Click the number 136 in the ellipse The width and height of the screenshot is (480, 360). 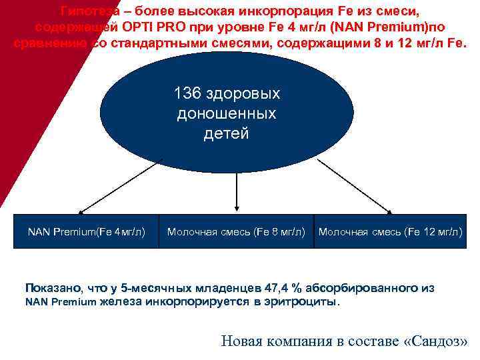click(x=188, y=93)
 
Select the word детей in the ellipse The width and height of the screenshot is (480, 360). click(x=226, y=133)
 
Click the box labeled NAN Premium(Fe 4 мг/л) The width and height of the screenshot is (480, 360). click(x=86, y=232)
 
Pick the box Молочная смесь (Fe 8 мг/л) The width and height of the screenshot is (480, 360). click(x=236, y=232)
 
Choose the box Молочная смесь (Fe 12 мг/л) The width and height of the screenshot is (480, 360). click(x=390, y=232)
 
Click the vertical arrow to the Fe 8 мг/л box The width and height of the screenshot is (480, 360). click(x=235, y=193)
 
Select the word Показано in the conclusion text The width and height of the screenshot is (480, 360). click(x=51, y=288)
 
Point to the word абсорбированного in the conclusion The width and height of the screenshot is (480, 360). click(x=364, y=288)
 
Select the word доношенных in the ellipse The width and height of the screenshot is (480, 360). click(x=226, y=113)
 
